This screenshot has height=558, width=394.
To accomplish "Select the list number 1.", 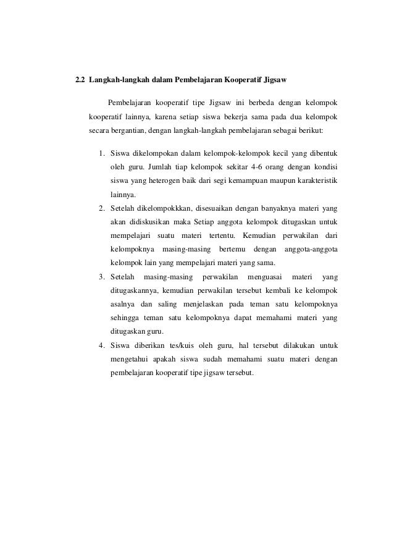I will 101,153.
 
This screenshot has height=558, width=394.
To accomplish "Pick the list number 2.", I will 101,208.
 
